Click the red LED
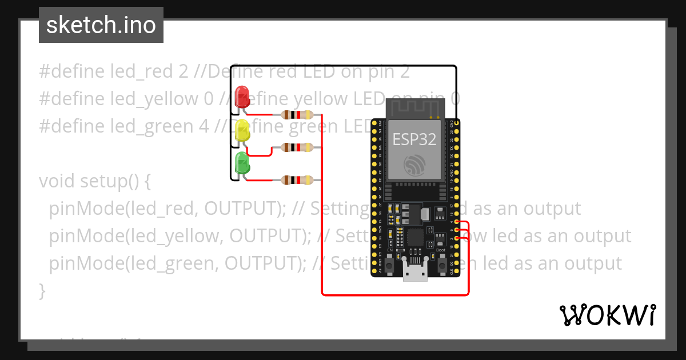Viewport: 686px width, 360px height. pos(242,95)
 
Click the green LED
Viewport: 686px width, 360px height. pos(242,163)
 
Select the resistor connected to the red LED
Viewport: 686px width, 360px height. pos(297,115)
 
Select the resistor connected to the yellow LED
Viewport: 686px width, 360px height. pos(297,147)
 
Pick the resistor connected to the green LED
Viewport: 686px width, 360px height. pos(297,181)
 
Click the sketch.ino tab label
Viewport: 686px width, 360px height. pos(101,25)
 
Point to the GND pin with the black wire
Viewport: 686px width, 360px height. pos(456,123)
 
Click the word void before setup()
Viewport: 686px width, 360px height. pos(57,181)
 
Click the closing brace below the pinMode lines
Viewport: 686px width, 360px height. pos(42,291)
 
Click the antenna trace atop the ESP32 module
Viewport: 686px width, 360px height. pos(415,107)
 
